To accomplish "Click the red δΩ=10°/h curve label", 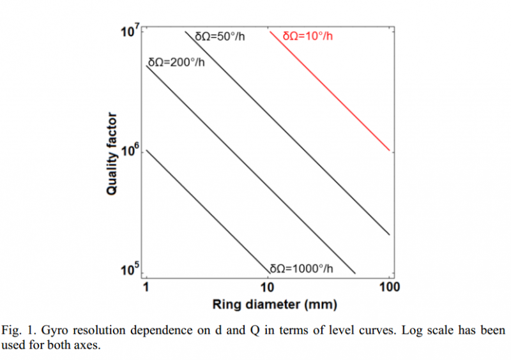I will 307,36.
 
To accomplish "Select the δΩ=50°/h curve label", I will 220,36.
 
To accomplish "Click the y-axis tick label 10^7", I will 130,31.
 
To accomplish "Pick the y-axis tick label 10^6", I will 130,151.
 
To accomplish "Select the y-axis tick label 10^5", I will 130,270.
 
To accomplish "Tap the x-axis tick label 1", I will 146,287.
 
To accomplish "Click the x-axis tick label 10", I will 268,287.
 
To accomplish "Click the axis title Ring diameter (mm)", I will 268,304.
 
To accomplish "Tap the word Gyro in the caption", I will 58,331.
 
